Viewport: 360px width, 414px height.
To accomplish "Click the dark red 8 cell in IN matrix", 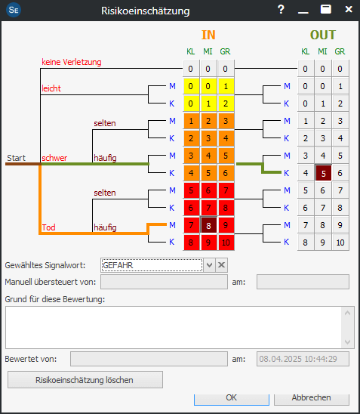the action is (x=208, y=225).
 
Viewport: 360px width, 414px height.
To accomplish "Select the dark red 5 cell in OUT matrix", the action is (x=323, y=173).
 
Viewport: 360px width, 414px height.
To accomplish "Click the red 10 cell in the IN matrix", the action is (x=226, y=243).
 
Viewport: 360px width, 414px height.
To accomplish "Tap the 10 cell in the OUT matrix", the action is (x=340, y=243).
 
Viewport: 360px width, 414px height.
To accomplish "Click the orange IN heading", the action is (x=208, y=35).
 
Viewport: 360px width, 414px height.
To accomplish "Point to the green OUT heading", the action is (x=323, y=35).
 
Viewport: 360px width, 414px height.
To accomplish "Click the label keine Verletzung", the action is (x=72, y=62).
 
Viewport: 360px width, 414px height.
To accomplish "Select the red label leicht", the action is (x=51, y=88).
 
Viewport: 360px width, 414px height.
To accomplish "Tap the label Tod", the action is (x=48, y=227).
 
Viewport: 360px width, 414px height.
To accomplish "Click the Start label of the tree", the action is (x=16, y=158).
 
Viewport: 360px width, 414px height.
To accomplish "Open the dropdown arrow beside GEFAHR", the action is (x=209, y=265).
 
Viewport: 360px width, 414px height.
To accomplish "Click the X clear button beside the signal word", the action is (x=222, y=265).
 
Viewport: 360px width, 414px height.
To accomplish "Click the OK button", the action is (x=231, y=399).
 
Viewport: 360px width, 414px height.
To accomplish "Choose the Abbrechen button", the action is (x=311, y=399).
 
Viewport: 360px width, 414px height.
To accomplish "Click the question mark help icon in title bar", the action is (x=281, y=10).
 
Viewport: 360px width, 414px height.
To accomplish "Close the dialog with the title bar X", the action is (x=349, y=10).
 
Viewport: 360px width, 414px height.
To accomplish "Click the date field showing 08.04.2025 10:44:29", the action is (x=303, y=359).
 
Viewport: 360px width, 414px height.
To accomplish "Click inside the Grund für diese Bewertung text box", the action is (x=174, y=327).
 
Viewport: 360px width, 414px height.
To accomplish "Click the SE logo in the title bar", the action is (x=14, y=10).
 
